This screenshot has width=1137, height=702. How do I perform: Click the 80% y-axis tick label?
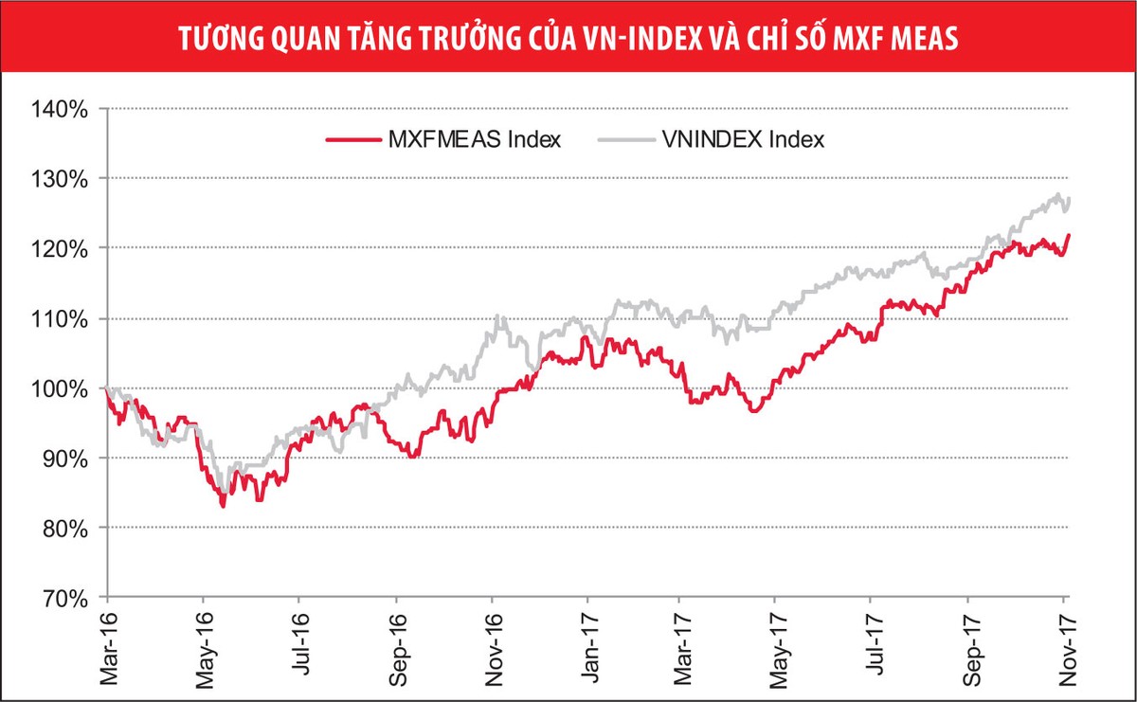point(63,528)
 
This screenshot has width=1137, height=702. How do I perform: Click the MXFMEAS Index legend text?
point(474,140)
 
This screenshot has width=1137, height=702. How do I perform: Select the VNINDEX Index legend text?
point(743,140)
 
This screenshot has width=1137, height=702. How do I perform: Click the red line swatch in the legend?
point(352,140)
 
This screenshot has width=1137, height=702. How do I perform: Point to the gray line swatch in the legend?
point(626,140)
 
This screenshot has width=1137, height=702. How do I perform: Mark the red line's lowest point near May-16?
point(223,506)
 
